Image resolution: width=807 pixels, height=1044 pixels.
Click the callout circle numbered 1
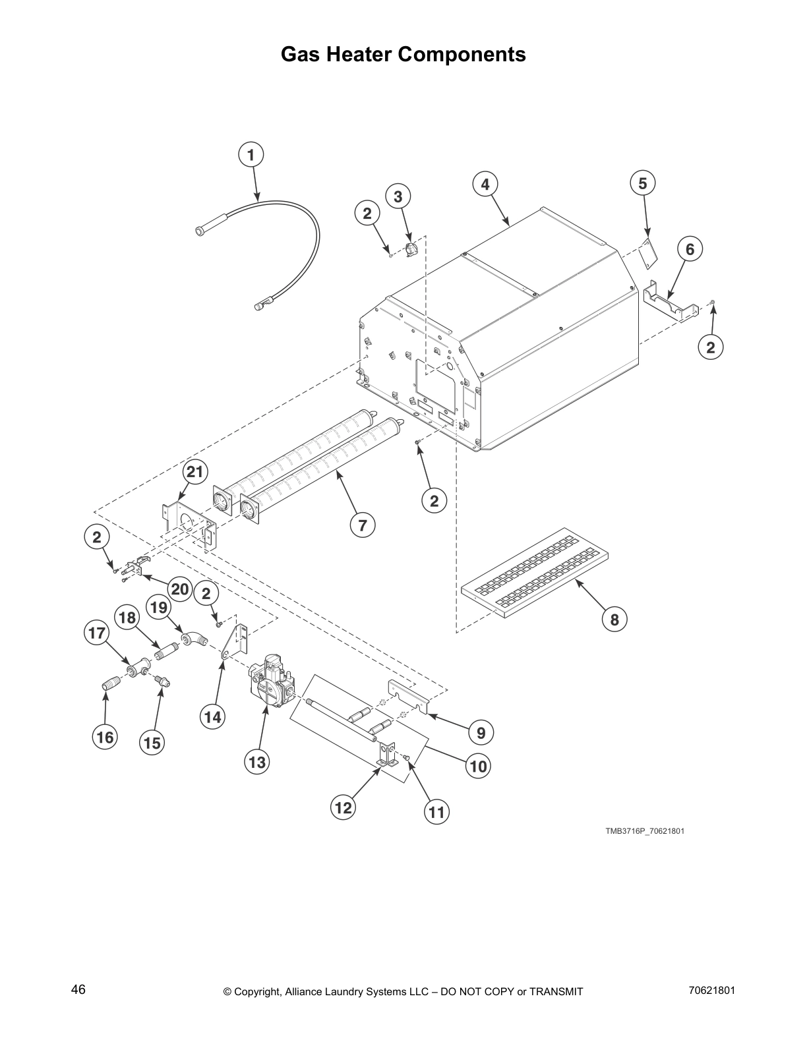point(250,156)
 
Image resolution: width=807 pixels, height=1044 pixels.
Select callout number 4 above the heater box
point(485,185)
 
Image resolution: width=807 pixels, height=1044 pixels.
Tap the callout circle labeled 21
point(196,472)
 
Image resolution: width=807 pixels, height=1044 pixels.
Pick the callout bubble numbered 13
point(257,763)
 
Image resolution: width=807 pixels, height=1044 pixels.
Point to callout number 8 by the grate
point(614,620)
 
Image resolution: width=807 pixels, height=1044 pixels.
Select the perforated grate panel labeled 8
point(534,571)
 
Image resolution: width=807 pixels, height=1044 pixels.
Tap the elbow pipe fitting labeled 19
point(193,637)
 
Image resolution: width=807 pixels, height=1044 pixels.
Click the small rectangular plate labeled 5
point(649,254)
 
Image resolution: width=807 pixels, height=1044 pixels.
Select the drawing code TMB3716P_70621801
point(644,830)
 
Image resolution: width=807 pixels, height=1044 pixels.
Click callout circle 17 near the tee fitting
point(96,634)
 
